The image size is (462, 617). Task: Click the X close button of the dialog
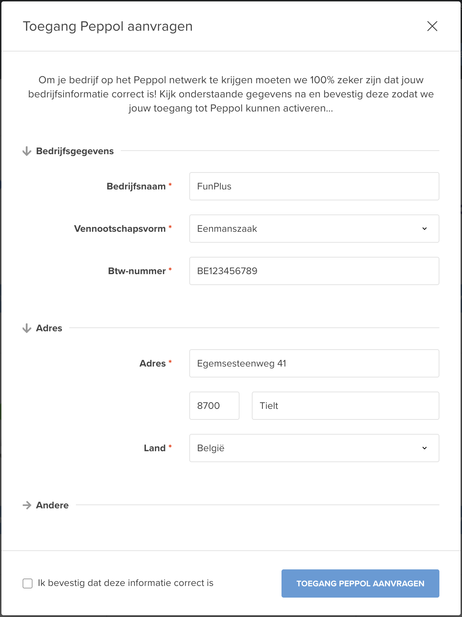[x=432, y=26]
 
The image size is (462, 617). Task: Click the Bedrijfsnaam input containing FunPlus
[x=314, y=186]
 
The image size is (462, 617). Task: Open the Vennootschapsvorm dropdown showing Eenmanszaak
[x=314, y=229]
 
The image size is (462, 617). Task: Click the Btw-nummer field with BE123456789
[x=314, y=271]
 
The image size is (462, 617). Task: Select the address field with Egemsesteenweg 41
[x=314, y=363]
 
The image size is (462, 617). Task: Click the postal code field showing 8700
[x=214, y=406]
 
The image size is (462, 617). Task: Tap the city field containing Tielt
[x=345, y=406]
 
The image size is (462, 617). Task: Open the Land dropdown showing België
[x=314, y=448]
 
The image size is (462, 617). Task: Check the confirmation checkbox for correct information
[x=28, y=583]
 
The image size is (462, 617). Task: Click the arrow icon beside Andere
[x=27, y=505]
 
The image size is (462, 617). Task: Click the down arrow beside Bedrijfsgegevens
[x=27, y=151]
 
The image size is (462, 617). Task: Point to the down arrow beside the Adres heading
[x=27, y=328]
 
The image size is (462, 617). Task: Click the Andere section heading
[x=52, y=505]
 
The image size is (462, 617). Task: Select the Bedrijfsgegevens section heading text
[x=75, y=151]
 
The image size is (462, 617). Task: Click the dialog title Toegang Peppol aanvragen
[x=108, y=26]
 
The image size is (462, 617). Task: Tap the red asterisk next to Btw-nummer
[x=170, y=270]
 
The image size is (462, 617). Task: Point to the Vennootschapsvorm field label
[x=120, y=229]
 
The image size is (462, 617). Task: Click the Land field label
[x=155, y=448]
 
